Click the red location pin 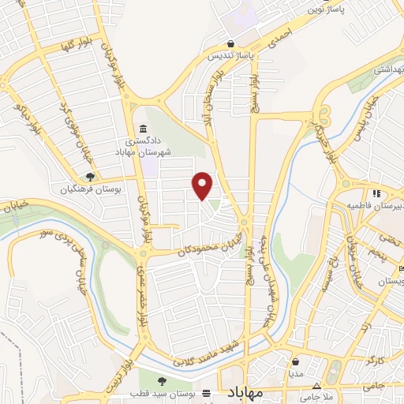(x=203, y=186)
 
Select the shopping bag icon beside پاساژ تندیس (x=230, y=44)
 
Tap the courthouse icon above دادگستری (x=143, y=129)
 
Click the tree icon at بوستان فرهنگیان (x=91, y=177)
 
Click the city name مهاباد (x=250, y=392)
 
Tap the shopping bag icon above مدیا (x=295, y=362)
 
